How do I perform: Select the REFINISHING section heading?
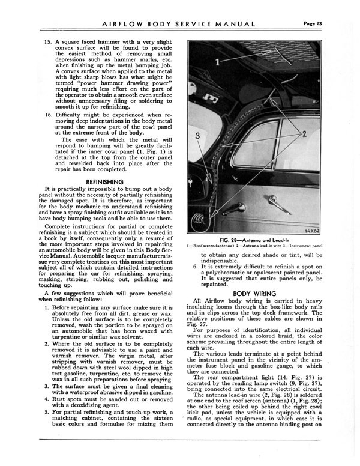[105, 181]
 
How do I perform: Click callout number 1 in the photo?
[216, 61]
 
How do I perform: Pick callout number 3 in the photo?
[197, 136]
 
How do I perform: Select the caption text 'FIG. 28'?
[245, 238]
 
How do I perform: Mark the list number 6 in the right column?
[196, 266]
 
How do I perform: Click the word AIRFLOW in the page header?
[131, 24]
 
